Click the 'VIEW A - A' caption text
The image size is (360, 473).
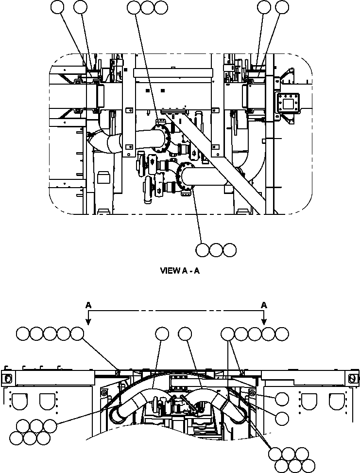pos(180,271)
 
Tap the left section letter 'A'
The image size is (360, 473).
pos(88,305)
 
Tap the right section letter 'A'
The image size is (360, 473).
pos(264,305)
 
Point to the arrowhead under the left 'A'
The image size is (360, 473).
pos(88,321)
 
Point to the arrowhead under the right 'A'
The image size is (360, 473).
pos(264,321)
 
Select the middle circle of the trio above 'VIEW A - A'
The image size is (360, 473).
pos(216,250)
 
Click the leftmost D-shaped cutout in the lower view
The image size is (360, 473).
pos(20,402)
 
